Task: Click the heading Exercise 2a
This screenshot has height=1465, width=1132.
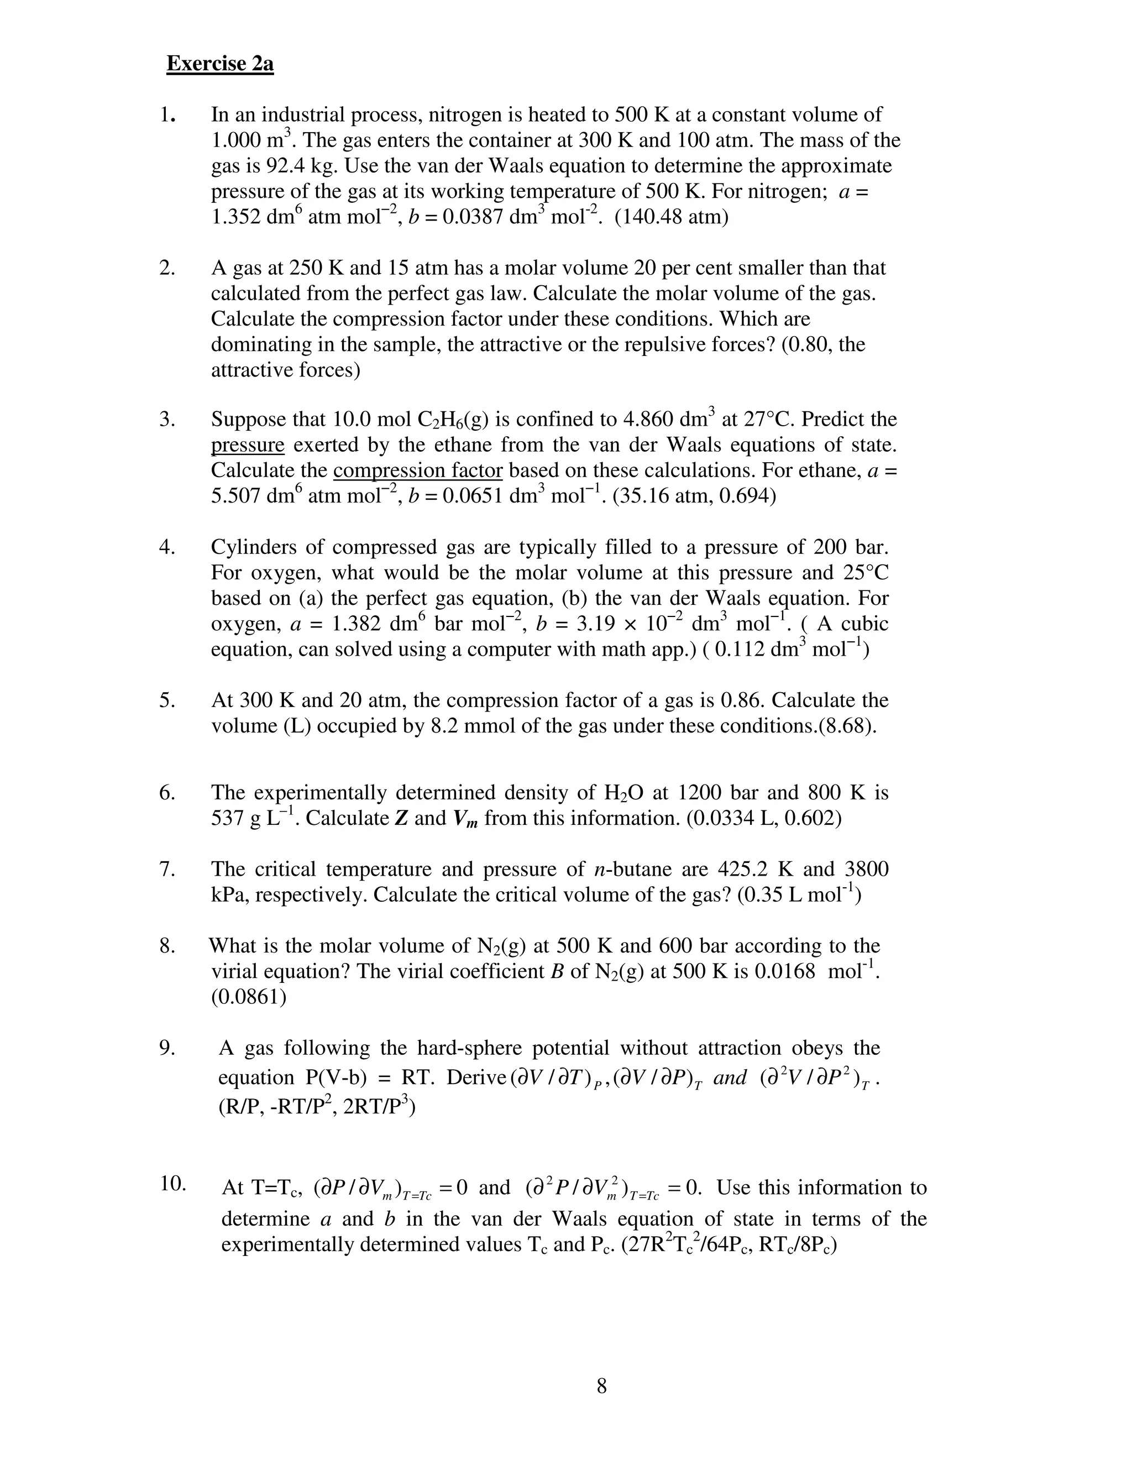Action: [x=220, y=64]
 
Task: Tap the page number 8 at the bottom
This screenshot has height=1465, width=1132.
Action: [x=601, y=1385]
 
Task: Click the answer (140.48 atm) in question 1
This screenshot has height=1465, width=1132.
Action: [x=670, y=217]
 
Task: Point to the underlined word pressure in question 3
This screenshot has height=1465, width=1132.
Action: [x=248, y=444]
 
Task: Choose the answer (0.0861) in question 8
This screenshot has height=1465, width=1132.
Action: [x=249, y=997]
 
